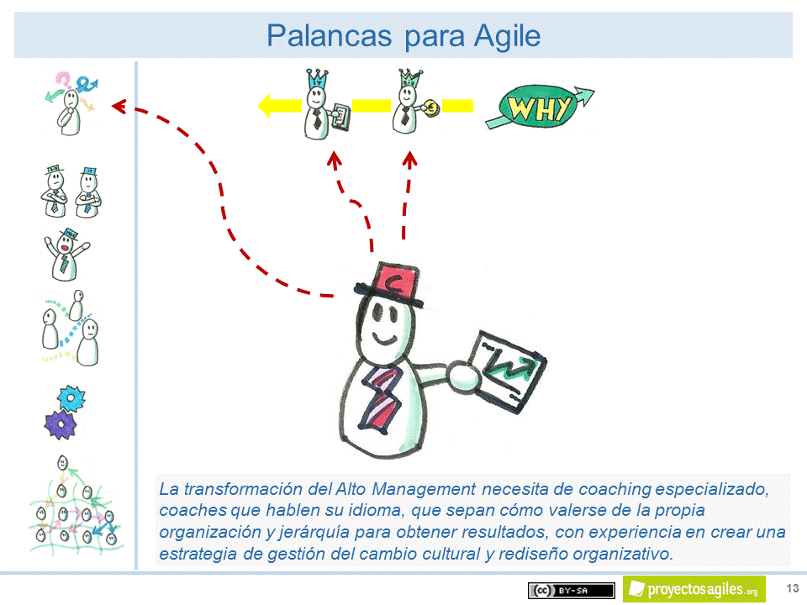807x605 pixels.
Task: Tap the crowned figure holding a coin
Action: tap(410, 104)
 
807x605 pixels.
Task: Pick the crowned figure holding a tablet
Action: tap(319, 106)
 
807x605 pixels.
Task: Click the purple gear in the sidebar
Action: tap(60, 424)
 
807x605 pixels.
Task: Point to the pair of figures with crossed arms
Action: tap(66, 192)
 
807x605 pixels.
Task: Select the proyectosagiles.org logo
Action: tap(694, 589)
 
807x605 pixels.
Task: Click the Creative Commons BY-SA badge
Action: tap(570, 590)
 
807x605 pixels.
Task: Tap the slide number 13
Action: tap(792, 587)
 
